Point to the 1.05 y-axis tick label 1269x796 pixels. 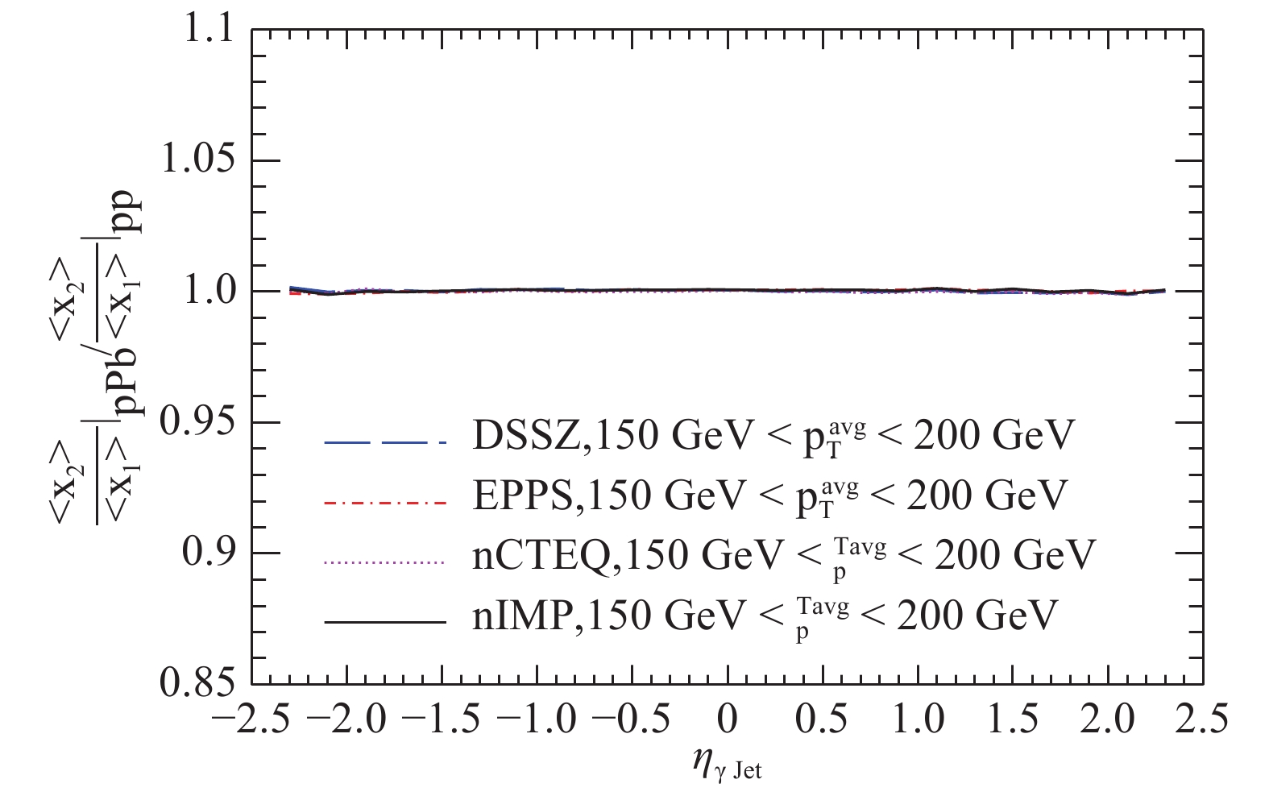click(198, 160)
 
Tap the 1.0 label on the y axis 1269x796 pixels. click(209, 292)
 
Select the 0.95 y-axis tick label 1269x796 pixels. click(198, 422)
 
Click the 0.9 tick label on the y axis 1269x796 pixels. click(209, 553)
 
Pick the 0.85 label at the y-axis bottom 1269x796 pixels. click(198, 684)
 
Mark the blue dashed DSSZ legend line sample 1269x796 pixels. click(384, 442)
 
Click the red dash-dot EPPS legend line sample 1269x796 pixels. click(384, 503)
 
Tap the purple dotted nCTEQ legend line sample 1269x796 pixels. click(384, 562)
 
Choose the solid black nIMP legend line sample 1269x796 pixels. click(384, 622)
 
